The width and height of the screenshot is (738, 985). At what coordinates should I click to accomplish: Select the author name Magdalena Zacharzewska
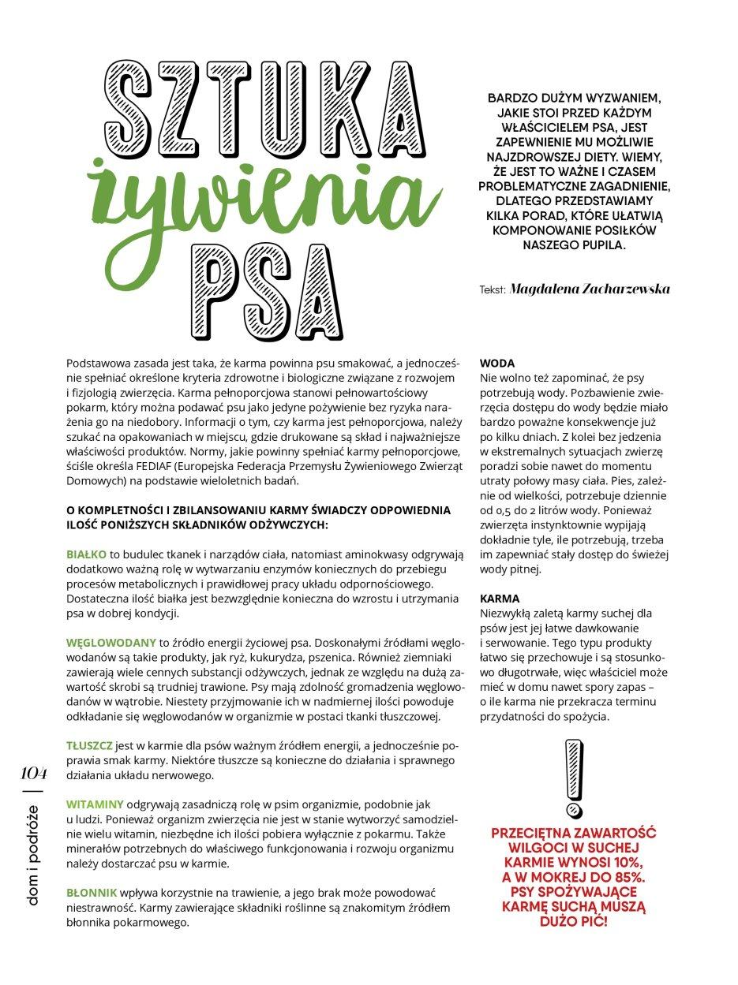590,289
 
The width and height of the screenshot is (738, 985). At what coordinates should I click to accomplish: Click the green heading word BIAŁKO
86,555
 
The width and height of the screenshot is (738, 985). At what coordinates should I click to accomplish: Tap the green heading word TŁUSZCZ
89,745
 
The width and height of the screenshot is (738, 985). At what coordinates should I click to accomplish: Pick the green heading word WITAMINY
95,804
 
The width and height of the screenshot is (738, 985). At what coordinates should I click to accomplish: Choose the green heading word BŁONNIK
92,892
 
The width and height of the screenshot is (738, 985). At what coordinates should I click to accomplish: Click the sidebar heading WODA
497,364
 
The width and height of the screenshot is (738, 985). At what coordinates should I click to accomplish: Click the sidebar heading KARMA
500,599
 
